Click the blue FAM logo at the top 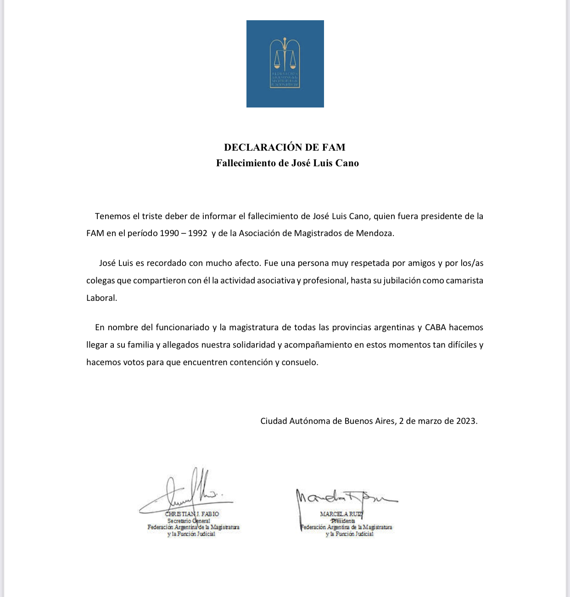pyautogui.click(x=285, y=64)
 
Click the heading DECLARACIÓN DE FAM pyautogui.click(x=285, y=147)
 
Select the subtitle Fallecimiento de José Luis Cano pyautogui.click(x=287, y=163)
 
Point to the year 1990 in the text pyautogui.click(x=169, y=233)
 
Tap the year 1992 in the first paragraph pyautogui.click(x=198, y=233)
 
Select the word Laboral pyautogui.click(x=101, y=298)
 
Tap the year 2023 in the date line pyautogui.click(x=466, y=421)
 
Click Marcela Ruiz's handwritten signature pyautogui.click(x=342, y=497)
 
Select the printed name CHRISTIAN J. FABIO pyautogui.click(x=192, y=514)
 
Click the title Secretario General pyautogui.click(x=189, y=521)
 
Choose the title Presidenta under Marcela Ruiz pyautogui.click(x=343, y=521)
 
